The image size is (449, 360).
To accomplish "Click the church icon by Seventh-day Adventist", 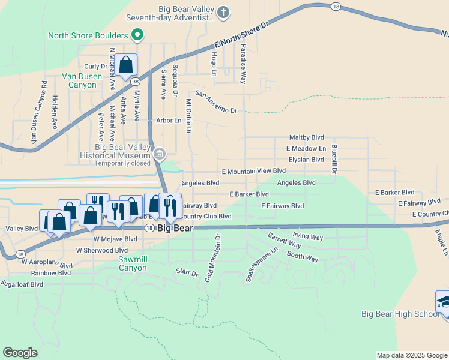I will (223, 12).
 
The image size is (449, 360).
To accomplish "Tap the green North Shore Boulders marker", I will (137, 35).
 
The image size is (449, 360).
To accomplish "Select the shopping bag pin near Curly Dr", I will (127, 64).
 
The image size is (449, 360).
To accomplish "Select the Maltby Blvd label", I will (306, 137).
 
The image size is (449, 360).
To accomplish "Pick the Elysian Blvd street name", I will (306, 160).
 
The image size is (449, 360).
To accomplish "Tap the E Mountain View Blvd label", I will (253, 171).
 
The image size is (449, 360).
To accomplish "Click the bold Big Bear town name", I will (174, 228).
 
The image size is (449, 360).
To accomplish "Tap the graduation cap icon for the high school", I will (444, 302).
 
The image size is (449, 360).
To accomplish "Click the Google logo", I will (20, 353).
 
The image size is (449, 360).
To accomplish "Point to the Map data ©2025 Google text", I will (412, 355).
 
